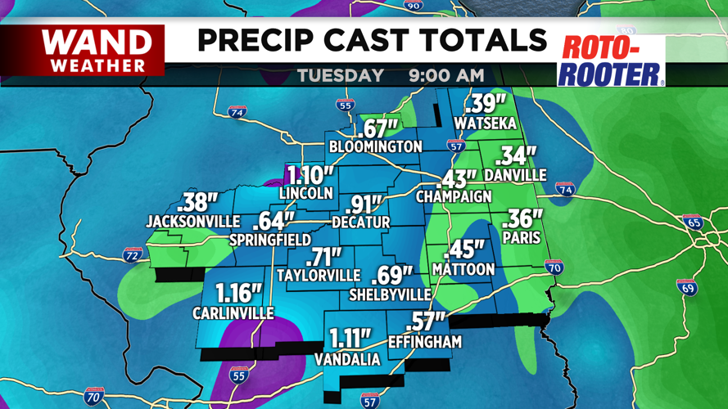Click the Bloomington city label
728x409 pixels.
[375, 147]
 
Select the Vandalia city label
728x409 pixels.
[347, 360]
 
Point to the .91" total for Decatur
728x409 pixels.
[364, 204]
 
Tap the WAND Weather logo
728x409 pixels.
[97, 50]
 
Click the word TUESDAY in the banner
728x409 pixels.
[340, 76]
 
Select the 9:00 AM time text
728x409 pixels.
[446, 76]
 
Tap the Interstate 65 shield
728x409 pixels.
[692, 221]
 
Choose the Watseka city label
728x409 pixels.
[486, 124]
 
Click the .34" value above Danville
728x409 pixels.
[518, 155]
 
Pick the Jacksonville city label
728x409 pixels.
[192, 222]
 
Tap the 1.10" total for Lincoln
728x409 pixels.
[310, 175]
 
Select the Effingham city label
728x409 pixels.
[425, 342]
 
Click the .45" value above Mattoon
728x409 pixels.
[463, 250]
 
